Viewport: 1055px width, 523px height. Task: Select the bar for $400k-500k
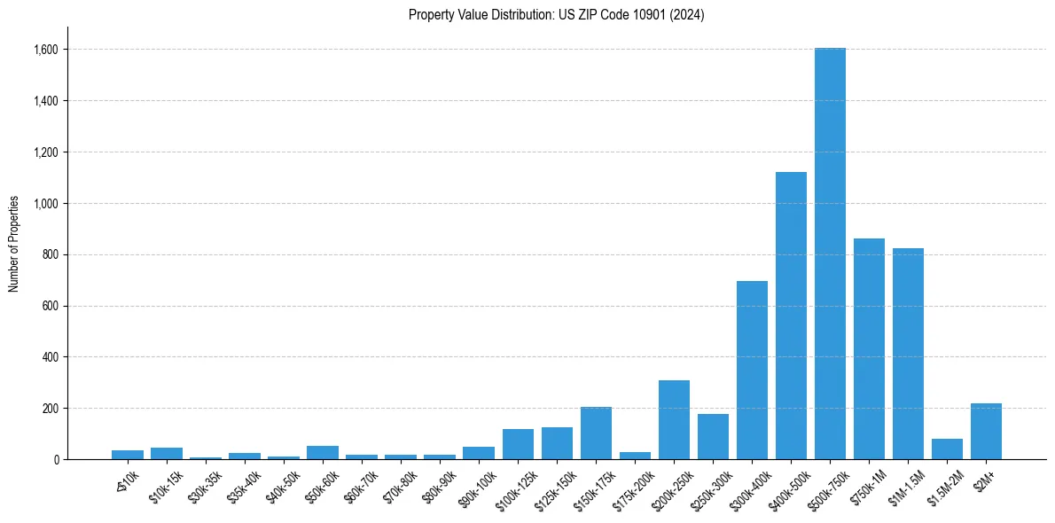[791, 316]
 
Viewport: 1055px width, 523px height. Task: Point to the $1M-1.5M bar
[908, 354]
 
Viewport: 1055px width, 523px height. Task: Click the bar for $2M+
[986, 432]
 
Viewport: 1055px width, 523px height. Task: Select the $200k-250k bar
[674, 420]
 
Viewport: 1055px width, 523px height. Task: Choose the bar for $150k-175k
[596, 433]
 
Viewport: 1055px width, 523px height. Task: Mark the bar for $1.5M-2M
[947, 449]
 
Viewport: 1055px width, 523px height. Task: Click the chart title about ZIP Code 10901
[557, 15]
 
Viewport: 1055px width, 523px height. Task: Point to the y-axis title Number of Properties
[14, 243]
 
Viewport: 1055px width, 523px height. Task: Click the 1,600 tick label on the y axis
[45, 50]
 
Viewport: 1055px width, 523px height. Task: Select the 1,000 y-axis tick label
[45, 204]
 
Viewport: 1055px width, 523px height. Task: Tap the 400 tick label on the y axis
[50, 357]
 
